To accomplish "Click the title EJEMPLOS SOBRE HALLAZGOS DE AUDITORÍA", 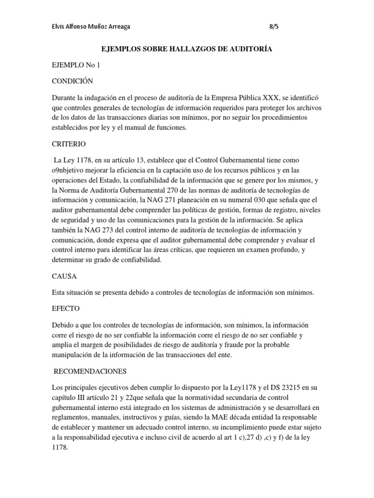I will point(187,49).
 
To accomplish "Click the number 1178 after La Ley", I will point(86,160).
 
